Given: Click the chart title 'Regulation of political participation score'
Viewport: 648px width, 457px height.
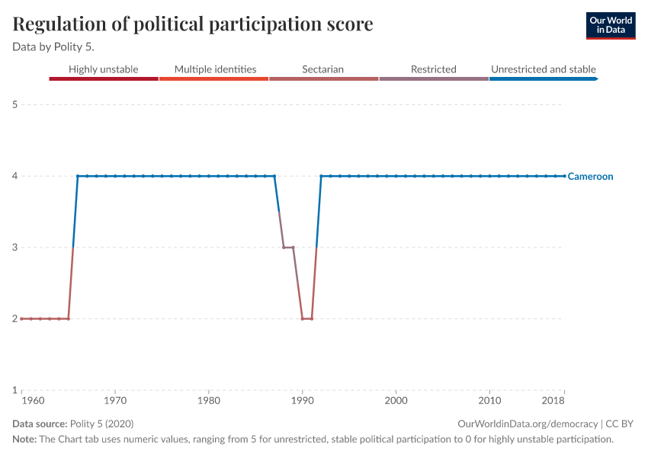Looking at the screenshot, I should click(193, 24).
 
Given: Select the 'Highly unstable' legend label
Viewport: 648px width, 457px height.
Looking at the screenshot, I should click(104, 69).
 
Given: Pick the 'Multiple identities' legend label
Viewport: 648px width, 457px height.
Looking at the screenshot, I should click(215, 69).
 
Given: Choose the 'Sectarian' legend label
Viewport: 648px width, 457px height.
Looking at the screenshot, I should click(322, 69).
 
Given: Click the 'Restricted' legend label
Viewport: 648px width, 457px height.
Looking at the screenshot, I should click(433, 69).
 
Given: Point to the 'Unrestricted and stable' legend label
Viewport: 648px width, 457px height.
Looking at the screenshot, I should click(543, 69).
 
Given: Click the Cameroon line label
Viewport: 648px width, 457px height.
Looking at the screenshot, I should click(591, 177).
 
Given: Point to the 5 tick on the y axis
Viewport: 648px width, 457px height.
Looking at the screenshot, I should click(14, 104).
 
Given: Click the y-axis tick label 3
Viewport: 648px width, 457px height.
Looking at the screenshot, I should click(14, 248).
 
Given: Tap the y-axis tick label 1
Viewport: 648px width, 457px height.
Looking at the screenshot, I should click(14, 390).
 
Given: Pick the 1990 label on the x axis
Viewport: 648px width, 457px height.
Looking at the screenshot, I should click(303, 401).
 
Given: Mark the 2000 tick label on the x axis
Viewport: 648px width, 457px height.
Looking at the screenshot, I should click(396, 401).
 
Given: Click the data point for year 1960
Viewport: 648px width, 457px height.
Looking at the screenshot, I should click(21, 318).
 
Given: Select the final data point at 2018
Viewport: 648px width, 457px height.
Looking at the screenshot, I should click(564, 176).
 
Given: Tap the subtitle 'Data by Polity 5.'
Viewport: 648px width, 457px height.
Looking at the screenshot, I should click(53, 46).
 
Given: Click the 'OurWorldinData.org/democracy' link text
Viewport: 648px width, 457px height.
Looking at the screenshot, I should click(528, 423).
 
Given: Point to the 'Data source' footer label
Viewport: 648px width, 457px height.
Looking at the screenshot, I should click(40, 423).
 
